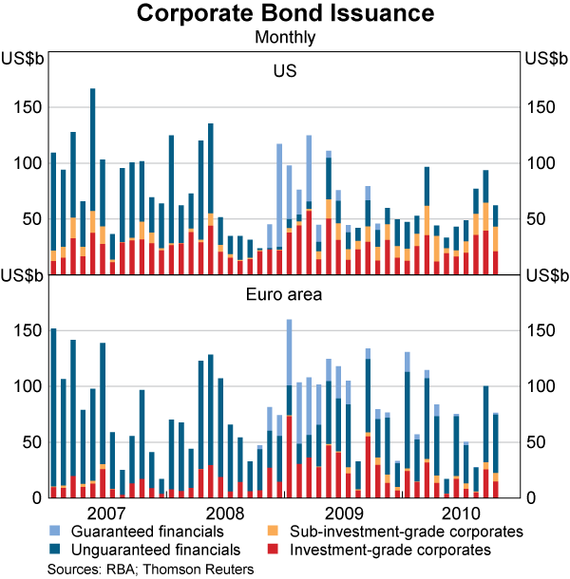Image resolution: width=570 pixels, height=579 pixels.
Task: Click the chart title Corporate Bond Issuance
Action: click(x=285, y=14)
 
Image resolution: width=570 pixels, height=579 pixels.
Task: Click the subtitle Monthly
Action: click(x=285, y=38)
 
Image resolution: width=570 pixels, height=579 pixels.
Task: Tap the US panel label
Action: click(x=285, y=71)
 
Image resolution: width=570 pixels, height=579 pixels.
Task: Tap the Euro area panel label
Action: click(x=285, y=294)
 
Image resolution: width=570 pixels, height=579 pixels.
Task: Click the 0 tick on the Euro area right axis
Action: click(x=527, y=497)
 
